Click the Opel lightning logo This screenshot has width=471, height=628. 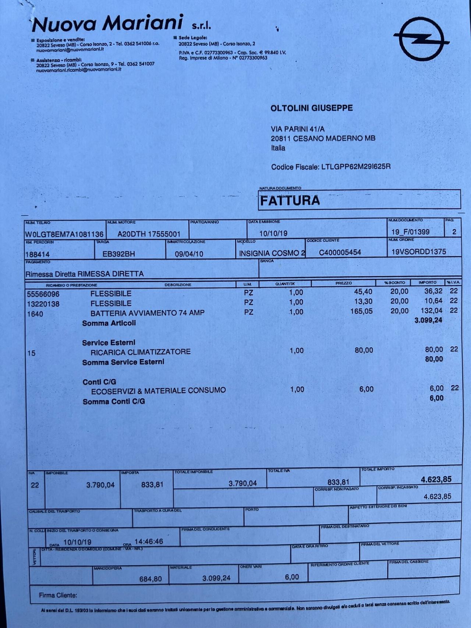pyautogui.click(x=421, y=39)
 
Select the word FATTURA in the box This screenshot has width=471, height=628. pyautogui.click(x=290, y=201)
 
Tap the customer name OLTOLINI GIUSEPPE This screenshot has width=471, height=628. pyautogui.click(x=312, y=108)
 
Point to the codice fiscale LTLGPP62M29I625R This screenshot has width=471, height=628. pyautogui.click(x=356, y=167)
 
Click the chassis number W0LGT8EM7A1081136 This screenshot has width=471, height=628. pyautogui.click(x=64, y=234)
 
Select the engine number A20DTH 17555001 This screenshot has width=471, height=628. pyautogui.click(x=149, y=234)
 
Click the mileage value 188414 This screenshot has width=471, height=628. pyautogui.click(x=38, y=255)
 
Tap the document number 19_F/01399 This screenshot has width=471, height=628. pyautogui.click(x=410, y=232)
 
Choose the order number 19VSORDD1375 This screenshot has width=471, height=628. pyautogui.click(x=419, y=252)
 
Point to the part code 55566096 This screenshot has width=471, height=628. pyautogui.click(x=43, y=294)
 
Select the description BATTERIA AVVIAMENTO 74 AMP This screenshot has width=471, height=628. pyautogui.click(x=148, y=313)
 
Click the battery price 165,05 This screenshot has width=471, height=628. pyautogui.click(x=361, y=311)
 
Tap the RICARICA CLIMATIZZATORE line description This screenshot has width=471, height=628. pyautogui.click(x=141, y=352)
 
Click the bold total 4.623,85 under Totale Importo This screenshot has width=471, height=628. pyautogui.click(x=436, y=479)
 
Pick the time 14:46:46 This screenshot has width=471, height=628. pyautogui.click(x=149, y=541)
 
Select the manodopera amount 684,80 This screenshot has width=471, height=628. pyautogui.click(x=150, y=579)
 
